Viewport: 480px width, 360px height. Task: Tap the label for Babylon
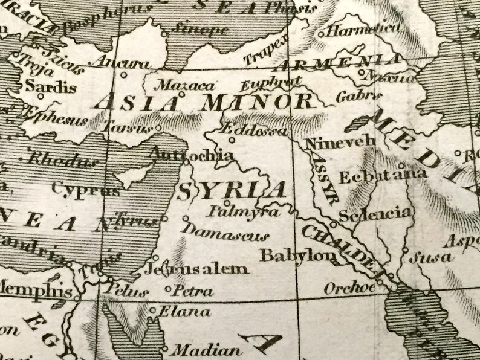click(297, 256)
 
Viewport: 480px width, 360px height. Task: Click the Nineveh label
click(341, 143)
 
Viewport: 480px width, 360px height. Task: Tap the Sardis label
click(51, 86)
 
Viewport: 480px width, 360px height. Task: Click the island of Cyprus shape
click(134, 175)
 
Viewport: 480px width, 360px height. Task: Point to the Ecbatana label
click(383, 177)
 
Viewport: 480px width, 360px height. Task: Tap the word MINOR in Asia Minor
click(256, 101)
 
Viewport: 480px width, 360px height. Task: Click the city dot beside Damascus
click(186, 219)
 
